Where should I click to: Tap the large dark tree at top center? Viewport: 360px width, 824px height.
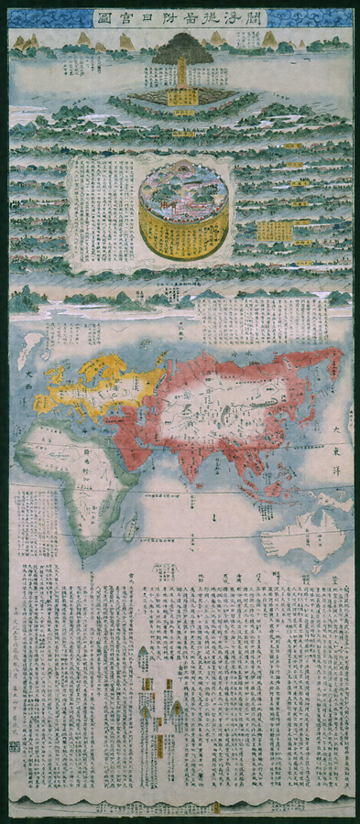coord(181,51)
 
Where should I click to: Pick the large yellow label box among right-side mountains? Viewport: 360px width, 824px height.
coord(274,231)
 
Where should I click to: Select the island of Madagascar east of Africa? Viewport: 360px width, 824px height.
coord(130,525)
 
